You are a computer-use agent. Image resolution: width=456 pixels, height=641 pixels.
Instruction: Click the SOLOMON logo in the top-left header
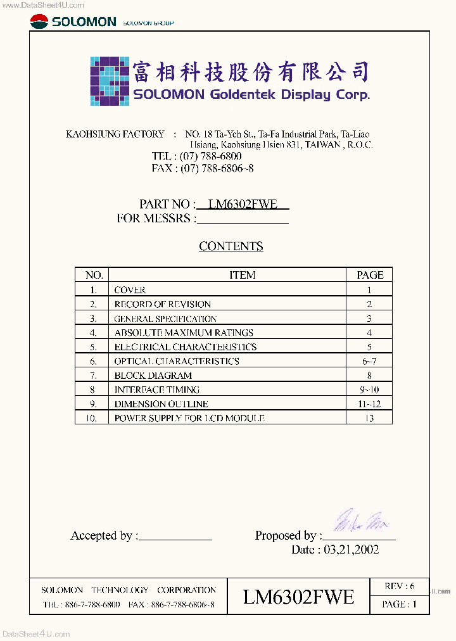click(73, 22)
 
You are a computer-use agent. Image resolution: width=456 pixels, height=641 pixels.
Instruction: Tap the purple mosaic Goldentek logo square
click(110, 80)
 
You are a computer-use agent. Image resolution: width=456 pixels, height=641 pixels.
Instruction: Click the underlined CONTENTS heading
click(231, 246)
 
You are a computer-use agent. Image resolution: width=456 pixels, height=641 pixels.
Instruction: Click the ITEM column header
click(242, 275)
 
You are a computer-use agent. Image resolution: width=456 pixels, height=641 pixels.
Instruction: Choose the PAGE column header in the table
click(370, 275)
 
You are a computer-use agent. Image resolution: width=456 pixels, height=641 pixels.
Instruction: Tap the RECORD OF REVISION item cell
click(162, 304)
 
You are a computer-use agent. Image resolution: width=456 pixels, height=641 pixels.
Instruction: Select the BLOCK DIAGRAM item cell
click(153, 376)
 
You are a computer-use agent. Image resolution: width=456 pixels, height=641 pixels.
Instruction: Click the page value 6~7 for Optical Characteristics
click(369, 361)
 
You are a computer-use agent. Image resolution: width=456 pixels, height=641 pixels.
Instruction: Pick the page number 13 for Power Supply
click(369, 418)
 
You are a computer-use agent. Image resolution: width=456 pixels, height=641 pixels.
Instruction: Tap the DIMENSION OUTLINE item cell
click(161, 404)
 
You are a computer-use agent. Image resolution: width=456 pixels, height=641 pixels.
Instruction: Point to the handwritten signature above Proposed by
click(360, 521)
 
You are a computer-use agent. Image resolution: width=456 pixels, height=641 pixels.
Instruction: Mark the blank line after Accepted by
click(175, 536)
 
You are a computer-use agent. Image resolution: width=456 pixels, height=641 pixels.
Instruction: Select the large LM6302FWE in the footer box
click(298, 597)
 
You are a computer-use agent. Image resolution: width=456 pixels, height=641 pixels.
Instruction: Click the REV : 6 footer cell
click(400, 587)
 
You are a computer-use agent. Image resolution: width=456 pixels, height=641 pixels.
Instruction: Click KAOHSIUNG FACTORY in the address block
click(115, 134)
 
